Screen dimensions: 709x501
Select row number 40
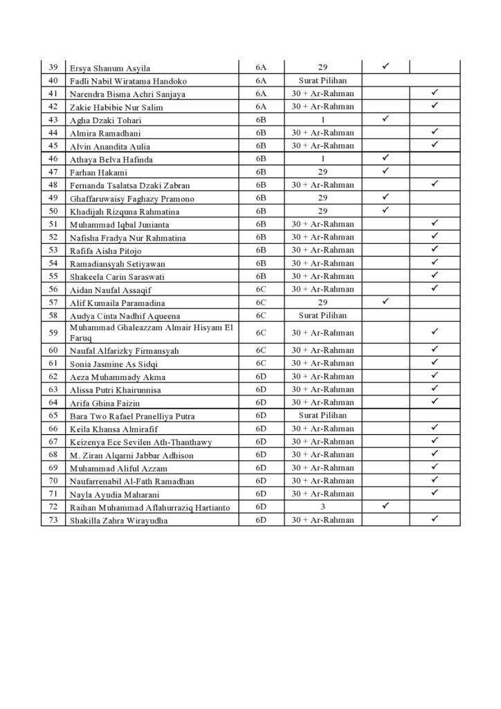53,81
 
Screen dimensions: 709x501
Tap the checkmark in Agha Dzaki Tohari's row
385,119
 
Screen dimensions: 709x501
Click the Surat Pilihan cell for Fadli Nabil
322,80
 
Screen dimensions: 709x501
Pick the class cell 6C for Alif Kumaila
261,303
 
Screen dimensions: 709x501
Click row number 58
53,316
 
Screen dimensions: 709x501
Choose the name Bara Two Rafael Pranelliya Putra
132,416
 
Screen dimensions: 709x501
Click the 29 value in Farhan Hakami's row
322,172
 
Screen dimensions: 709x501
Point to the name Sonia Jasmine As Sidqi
113,364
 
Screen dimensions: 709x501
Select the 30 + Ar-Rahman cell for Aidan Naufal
322,289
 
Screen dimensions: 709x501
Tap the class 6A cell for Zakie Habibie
261,107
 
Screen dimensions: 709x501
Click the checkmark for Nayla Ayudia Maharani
435,493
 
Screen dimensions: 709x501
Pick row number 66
53,429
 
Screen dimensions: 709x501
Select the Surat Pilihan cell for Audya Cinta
322,315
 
